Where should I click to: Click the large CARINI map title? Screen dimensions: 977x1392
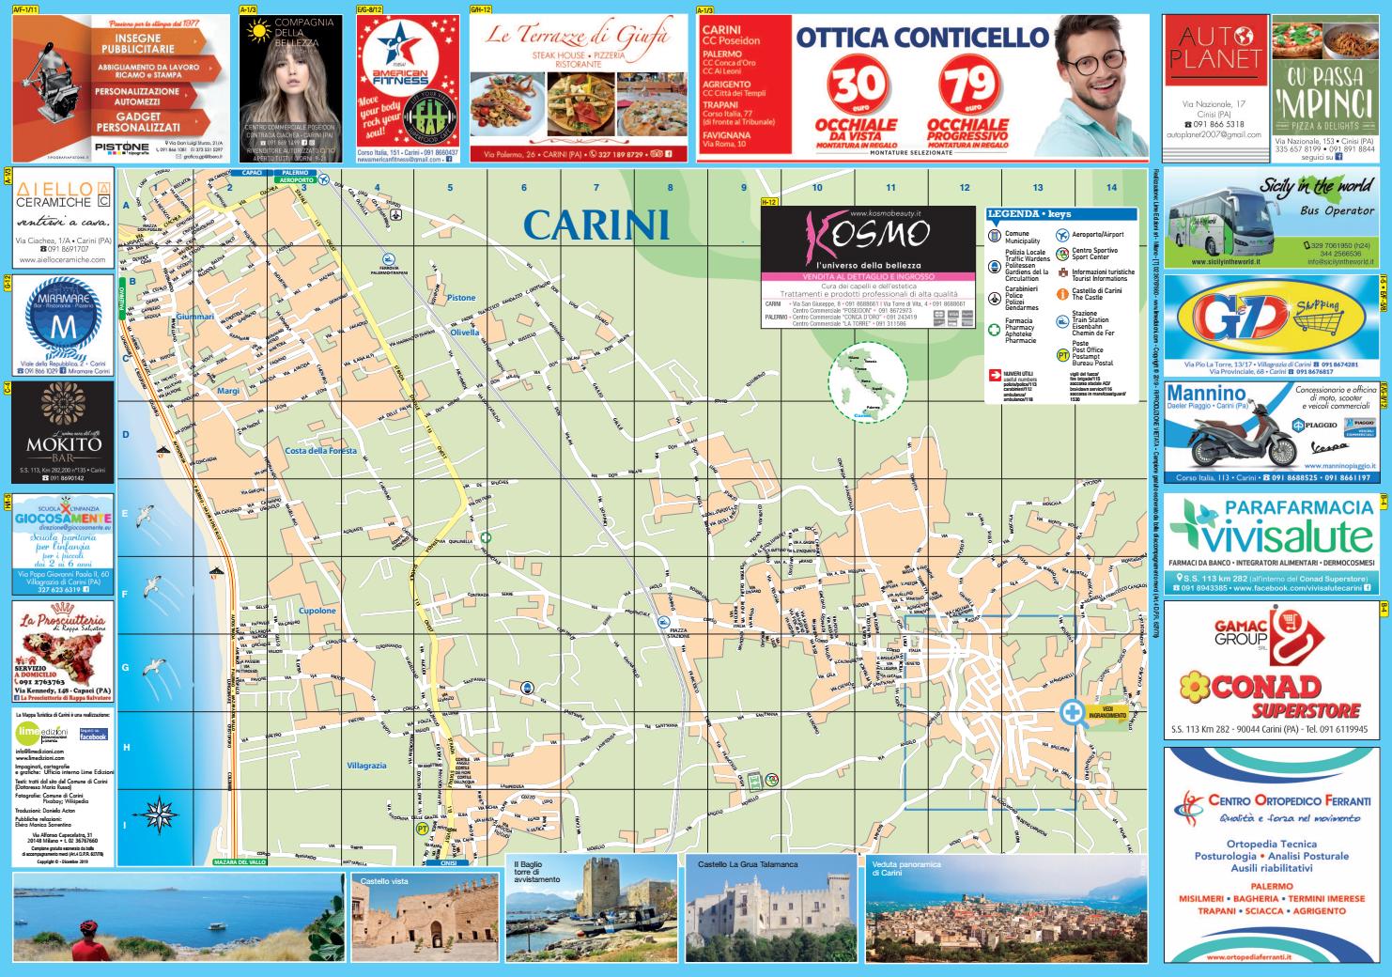(x=595, y=225)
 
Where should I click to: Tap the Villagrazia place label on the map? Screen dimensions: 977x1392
(x=366, y=766)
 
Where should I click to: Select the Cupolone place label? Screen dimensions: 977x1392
(x=317, y=611)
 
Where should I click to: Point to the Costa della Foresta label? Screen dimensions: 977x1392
(x=321, y=451)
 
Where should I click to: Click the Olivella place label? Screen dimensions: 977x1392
(x=464, y=333)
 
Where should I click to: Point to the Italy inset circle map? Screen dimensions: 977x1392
(x=867, y=382)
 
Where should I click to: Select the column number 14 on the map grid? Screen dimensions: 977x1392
(x=1112, y=187)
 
